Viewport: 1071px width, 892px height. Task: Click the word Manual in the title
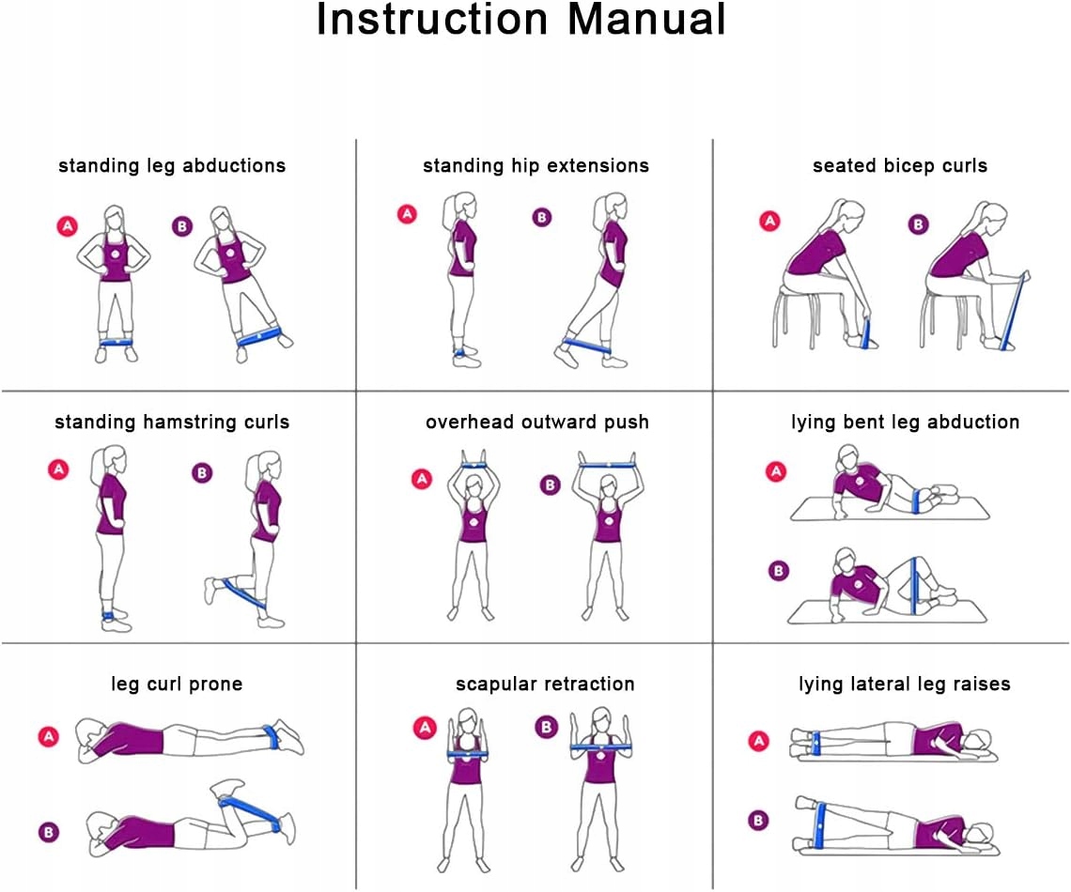(x=646, y=19)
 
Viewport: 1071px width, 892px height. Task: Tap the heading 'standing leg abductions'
(x=172, y=166)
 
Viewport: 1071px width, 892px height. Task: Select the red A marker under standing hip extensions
(x=407, y=214)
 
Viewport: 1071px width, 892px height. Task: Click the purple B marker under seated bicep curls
(x=918, y=223)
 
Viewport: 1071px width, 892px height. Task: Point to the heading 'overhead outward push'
(x=536, y=423)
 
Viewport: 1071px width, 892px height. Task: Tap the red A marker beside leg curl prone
(x=49, y=736)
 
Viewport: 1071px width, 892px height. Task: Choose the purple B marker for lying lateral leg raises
(x=758, y=820)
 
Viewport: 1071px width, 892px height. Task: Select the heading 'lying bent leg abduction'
(x=905, y=423)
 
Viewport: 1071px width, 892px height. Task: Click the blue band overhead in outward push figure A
(x=474, y=465)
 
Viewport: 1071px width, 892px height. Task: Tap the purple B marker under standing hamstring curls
(x=201, y=472)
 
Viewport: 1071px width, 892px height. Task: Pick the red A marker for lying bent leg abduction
(x=776, y=471)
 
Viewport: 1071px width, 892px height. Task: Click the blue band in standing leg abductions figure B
(x=259, y=336)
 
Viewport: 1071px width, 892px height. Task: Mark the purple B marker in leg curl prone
(x=49, y=832)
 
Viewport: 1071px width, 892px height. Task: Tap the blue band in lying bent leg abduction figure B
(x=914, y=586)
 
